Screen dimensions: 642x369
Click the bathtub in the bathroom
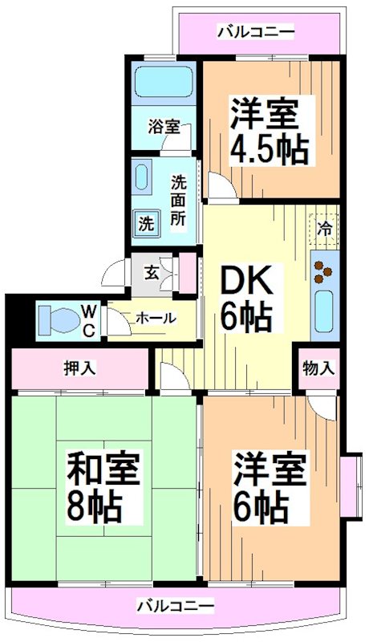pyautogui.click(x=164, y=83)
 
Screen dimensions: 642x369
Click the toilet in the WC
pyautogui.click(x=59, y=319)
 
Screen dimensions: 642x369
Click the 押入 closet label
pyautogui.click(x=80, y=368)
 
